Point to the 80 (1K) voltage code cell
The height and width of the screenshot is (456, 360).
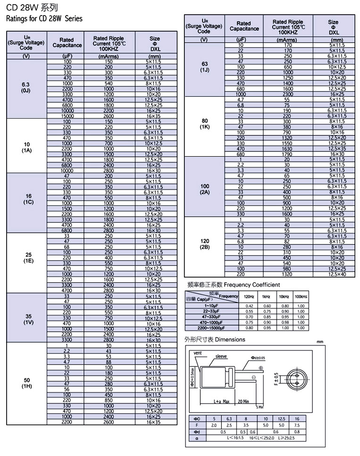click(204, 124)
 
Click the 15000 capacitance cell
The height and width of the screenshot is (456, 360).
click(67, 116)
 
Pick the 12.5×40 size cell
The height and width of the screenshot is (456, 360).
click(337, 274)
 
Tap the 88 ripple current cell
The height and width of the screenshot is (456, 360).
click(109, 362)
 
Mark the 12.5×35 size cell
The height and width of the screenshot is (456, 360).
click(337, 149)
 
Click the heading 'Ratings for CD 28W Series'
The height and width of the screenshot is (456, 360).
click(44, 19)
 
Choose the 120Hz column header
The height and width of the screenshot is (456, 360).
click(249, 296)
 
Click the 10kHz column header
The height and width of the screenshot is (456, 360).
click(284, 296)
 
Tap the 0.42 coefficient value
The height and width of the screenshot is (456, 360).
click(249, 306)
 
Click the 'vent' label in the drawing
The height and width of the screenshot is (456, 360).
click(198, 353)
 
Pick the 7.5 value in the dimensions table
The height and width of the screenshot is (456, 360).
click(297, 425)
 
